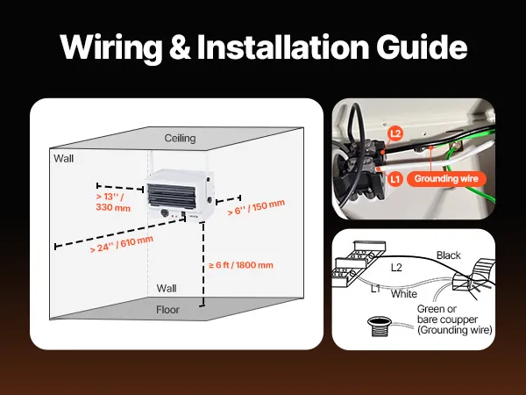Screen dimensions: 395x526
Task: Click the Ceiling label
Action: pyautogui.click(x=180, y=139)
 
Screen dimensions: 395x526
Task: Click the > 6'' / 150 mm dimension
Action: pyautogui.click(x=256, y=207)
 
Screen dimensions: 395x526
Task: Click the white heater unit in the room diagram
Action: pyautogui.click(x=180, y=193)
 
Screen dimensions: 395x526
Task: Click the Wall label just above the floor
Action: pyautogui.click(x=166, y=288)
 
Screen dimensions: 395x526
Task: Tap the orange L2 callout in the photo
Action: pyautogui.click(x=395, y=133)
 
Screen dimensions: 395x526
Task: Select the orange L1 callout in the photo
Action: pyautogui.click(x=395, y=178)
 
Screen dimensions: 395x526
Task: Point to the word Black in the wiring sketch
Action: pyautogui.click(x=448, y=255)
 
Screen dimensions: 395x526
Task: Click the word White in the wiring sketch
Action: pyautogui.click(x=403, y=294)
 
